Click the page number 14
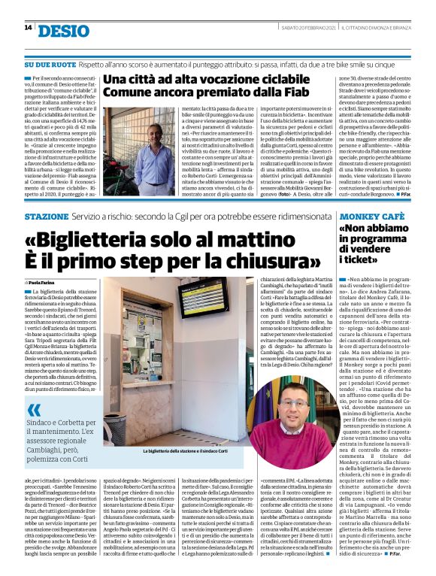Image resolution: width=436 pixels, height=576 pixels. click(x=28, y=28)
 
